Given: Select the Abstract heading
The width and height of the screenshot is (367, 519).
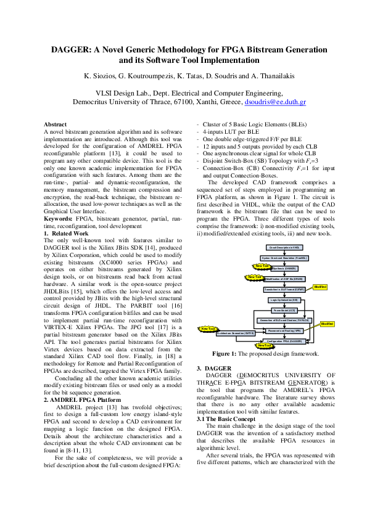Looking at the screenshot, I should [x=56, y=124].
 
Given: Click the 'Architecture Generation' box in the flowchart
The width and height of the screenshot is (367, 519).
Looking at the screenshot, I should [x=236, y=332].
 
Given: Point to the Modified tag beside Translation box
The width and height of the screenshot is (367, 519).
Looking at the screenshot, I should [x=320, y=287].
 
